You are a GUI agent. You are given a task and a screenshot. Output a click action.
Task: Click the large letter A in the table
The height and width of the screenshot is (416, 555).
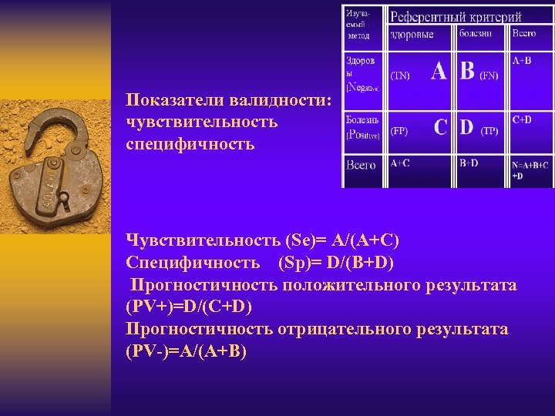pyautogui.click(x=439, y=72)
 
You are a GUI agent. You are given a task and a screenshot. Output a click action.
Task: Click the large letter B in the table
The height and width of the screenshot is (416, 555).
pyautogui.click(x=467, y=72)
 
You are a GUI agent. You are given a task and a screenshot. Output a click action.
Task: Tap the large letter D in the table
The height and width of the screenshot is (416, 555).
pyautogui.click(x=467, y=128)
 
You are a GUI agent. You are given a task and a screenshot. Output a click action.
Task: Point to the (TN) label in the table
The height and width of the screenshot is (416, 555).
pyautogui.click(x=401, y=75)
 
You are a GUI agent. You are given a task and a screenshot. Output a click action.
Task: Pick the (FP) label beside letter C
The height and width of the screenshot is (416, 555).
pyautogui.click(x=399, y=132)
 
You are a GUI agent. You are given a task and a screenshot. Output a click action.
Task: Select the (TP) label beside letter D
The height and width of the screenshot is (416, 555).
pyautogui.click(x=489, y=132)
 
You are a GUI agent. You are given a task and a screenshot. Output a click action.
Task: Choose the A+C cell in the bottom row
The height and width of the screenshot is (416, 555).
pyautogui.click(x=401, y=163)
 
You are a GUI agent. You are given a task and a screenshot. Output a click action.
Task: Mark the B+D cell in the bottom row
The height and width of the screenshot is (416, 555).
pyautogui.click(x=469, y=163)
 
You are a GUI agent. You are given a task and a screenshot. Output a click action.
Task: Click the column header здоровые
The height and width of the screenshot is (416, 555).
pyautogui.click(x=412, y=34)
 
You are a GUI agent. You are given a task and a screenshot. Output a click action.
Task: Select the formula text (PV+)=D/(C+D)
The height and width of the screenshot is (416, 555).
pyautogui.click(x=189, y=307)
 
